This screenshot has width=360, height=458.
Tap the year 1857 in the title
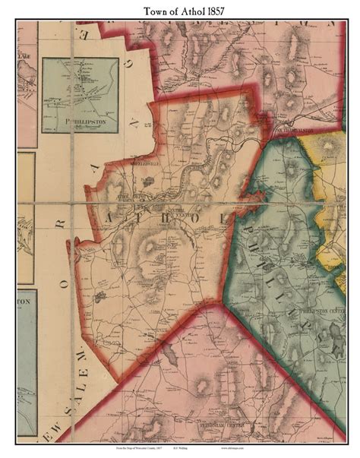[213, 10]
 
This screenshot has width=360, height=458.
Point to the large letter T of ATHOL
[137, 219]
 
